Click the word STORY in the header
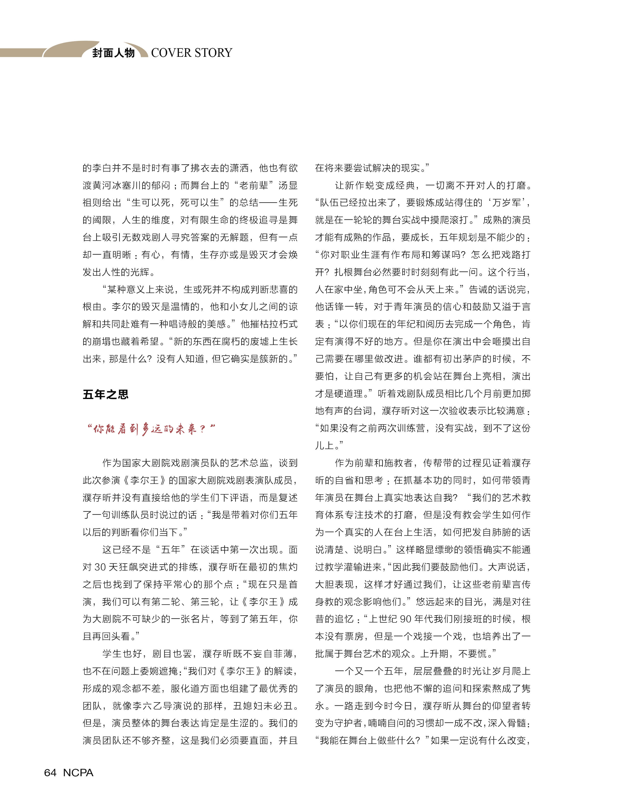coord(213,53)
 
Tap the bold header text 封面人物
coord(113,53)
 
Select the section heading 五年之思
coord(106,394)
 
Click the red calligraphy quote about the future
coord(151,429)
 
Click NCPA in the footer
coord(78,773)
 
